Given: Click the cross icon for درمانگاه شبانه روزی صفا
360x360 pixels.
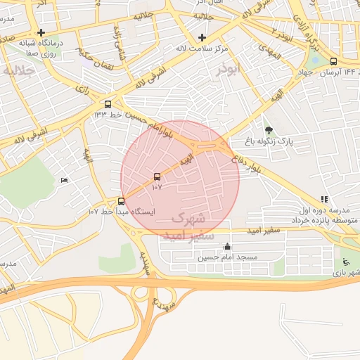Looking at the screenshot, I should point(41,32).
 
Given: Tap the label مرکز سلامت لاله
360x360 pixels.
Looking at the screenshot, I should point(202,48).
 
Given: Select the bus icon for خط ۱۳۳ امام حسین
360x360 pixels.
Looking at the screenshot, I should point(107,103).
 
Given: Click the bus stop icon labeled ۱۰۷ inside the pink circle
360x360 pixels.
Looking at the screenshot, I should point(156,177).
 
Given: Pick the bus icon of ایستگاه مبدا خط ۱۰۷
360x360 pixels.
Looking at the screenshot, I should point(121,201).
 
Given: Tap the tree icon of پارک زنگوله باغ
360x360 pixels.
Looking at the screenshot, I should point(269,130).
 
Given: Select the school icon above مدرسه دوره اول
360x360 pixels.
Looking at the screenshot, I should point(323,200).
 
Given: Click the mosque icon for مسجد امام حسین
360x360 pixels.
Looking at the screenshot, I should point(227,247).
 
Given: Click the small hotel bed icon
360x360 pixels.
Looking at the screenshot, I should point(65,181).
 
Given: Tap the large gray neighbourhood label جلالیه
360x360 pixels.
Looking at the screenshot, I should point(19,70).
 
